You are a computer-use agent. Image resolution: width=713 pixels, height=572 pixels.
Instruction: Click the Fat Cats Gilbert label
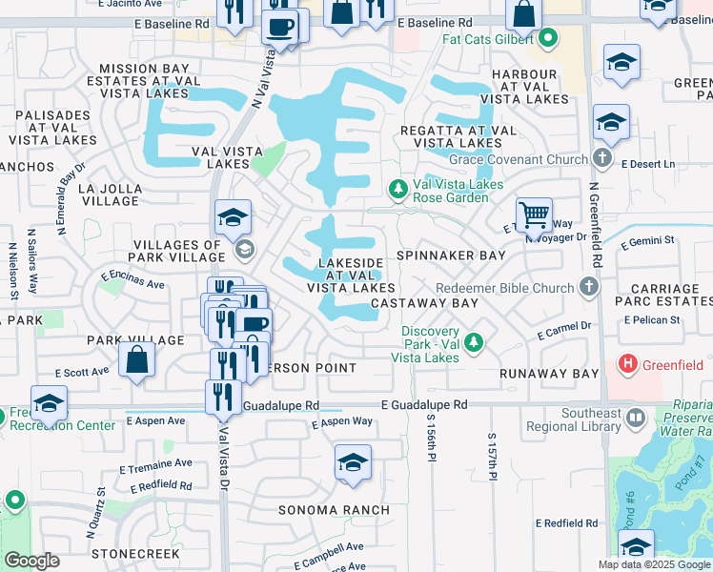[488, 40]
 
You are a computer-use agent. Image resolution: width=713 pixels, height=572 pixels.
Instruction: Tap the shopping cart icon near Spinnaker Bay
[534, 214]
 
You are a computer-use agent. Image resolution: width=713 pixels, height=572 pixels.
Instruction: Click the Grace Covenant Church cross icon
[601, 158]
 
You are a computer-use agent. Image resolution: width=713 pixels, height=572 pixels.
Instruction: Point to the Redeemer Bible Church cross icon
[589, 287]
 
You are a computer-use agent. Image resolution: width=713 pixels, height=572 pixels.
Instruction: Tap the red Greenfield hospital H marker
[627, 363]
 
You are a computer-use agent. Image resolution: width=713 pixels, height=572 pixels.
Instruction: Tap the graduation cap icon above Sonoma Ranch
[352, 464]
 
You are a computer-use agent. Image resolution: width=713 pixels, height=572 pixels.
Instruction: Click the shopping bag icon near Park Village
[137, 359]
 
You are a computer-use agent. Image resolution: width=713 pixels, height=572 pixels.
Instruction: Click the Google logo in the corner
[31, 561]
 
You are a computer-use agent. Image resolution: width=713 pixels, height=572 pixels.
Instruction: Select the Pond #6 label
[630, 510]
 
